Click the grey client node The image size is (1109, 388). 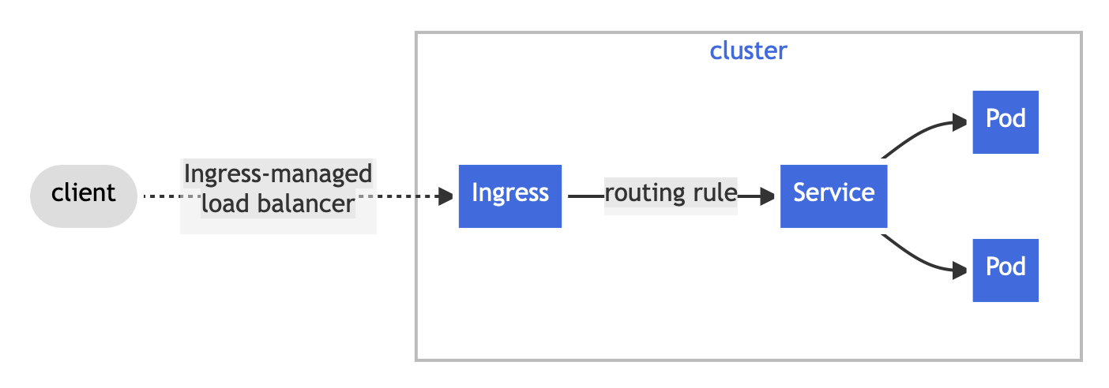84,196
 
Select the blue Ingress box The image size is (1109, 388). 510,196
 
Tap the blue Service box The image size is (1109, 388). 834,196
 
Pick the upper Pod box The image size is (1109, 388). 1006,122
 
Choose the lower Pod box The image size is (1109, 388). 1006,270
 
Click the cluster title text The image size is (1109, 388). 748,51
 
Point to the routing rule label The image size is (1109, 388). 671,192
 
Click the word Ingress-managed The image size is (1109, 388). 278,174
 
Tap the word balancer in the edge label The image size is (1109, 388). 306,203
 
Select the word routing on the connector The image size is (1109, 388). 644,193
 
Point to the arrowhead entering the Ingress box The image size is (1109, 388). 445,196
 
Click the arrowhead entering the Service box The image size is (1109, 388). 768,196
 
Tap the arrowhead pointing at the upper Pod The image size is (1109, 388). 960,122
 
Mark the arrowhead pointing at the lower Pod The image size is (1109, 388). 960,270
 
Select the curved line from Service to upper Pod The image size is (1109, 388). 916,134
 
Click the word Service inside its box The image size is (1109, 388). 834,192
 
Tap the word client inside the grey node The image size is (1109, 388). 83,192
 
